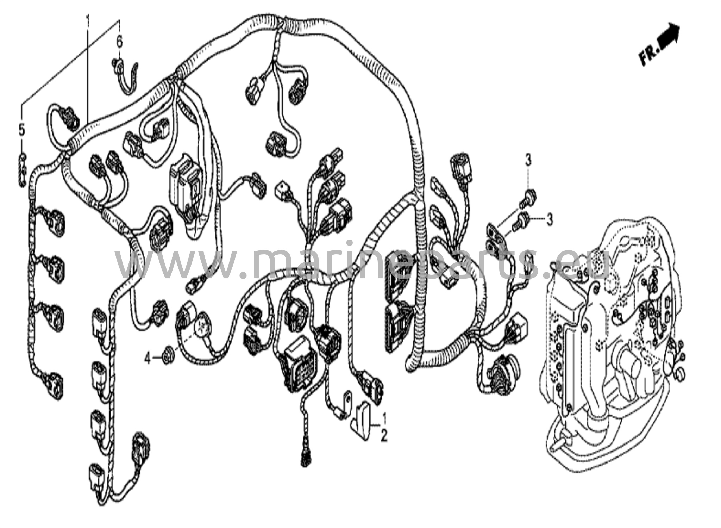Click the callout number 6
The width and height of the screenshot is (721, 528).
click(x=119, y=42)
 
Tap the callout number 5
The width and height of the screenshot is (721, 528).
click(x=22, y=131)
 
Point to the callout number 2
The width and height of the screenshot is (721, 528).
click(x=384, y=436)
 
